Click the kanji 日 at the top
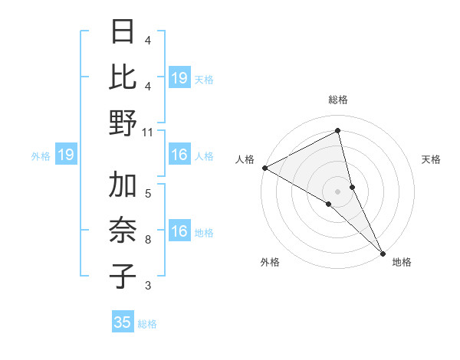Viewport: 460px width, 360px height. (123, 31)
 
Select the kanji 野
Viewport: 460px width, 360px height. (123, 123)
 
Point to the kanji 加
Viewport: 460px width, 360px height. (123, 185)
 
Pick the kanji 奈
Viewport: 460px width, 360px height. (123, 231)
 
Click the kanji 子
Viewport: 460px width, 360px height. (123, 277)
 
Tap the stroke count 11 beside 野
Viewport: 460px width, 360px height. (149, 132)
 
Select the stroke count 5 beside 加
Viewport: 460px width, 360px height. (148, 194)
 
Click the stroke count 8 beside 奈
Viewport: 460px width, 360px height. (148, 240)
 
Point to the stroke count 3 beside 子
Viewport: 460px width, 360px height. (148, 286)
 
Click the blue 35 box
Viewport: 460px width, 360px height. (123, 322)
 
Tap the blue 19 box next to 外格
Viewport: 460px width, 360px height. (66, 155)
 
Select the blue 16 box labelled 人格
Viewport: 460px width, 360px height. (179, 155)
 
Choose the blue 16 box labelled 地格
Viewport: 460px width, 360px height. (179, 232)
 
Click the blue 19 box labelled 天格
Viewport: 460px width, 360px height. (179, 77)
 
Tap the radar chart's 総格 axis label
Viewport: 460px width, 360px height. (338, 100)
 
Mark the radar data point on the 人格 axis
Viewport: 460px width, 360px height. (264, 168)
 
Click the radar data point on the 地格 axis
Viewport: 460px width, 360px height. (383, 253)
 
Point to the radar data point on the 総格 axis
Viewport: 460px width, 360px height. (338, 131)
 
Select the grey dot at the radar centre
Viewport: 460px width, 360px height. (338, 190)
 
